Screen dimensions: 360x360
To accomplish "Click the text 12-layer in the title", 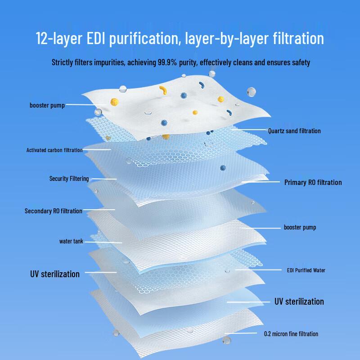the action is [59, 38].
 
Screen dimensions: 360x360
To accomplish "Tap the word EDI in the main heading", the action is [96, 38].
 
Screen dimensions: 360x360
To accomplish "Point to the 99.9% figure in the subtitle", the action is [167, 62].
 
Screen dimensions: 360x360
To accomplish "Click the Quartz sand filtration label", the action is [294, 131].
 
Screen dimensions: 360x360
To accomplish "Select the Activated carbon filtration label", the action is [54, 150].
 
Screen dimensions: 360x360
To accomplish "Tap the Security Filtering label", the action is [69, 179].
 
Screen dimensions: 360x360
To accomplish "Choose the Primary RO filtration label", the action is [313, 182].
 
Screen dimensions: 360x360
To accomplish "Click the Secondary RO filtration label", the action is [53, 211].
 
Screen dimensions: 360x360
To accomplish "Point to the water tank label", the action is [71, 241].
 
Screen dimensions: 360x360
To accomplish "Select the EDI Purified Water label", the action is [306, 270].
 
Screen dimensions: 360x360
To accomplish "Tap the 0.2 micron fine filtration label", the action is [291, 334].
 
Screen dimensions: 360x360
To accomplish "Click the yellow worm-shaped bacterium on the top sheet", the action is [163, 90].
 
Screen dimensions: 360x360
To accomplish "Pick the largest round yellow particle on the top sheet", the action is [114, 102].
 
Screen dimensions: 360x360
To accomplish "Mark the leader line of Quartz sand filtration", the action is [248, 130].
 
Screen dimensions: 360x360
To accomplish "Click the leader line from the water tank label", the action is [103, 242].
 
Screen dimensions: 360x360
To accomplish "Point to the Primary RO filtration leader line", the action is [261, 182].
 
